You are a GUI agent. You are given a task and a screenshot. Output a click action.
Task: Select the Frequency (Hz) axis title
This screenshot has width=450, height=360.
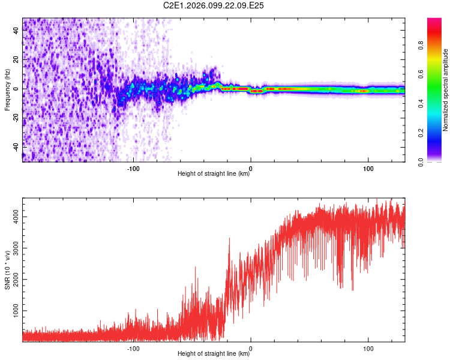pos(7,90)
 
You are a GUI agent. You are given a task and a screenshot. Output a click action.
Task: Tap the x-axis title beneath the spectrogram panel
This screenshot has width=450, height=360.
pos(214,174)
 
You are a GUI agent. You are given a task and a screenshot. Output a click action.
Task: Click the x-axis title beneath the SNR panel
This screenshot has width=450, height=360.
pos(214,355)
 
